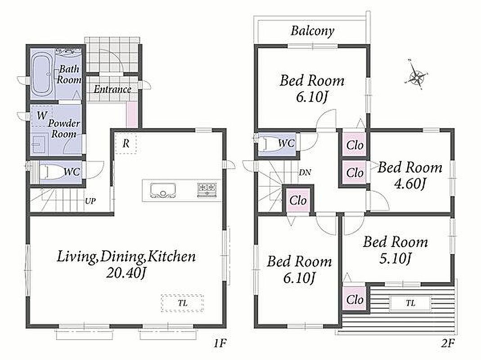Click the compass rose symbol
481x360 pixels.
coord(416,75)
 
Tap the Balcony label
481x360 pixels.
coord(312,31)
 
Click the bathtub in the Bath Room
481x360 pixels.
coord(43,74)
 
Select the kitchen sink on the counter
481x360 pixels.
coord(163,191)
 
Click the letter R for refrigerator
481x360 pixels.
coord(126,144)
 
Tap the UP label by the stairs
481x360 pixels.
coord(90,201)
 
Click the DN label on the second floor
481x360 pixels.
coord(305,172)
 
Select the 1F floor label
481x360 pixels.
coord(220,343)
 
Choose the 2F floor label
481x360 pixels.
coord(448,343)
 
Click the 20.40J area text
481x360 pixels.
coord(126,273)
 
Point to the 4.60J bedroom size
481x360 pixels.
coord(410,184)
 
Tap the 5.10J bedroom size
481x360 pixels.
coord(395,259)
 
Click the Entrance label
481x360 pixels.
coord(112,89)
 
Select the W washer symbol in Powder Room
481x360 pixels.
coord(42,116)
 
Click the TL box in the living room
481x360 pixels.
coord(183,304)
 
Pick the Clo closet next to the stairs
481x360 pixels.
coord(298,201)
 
